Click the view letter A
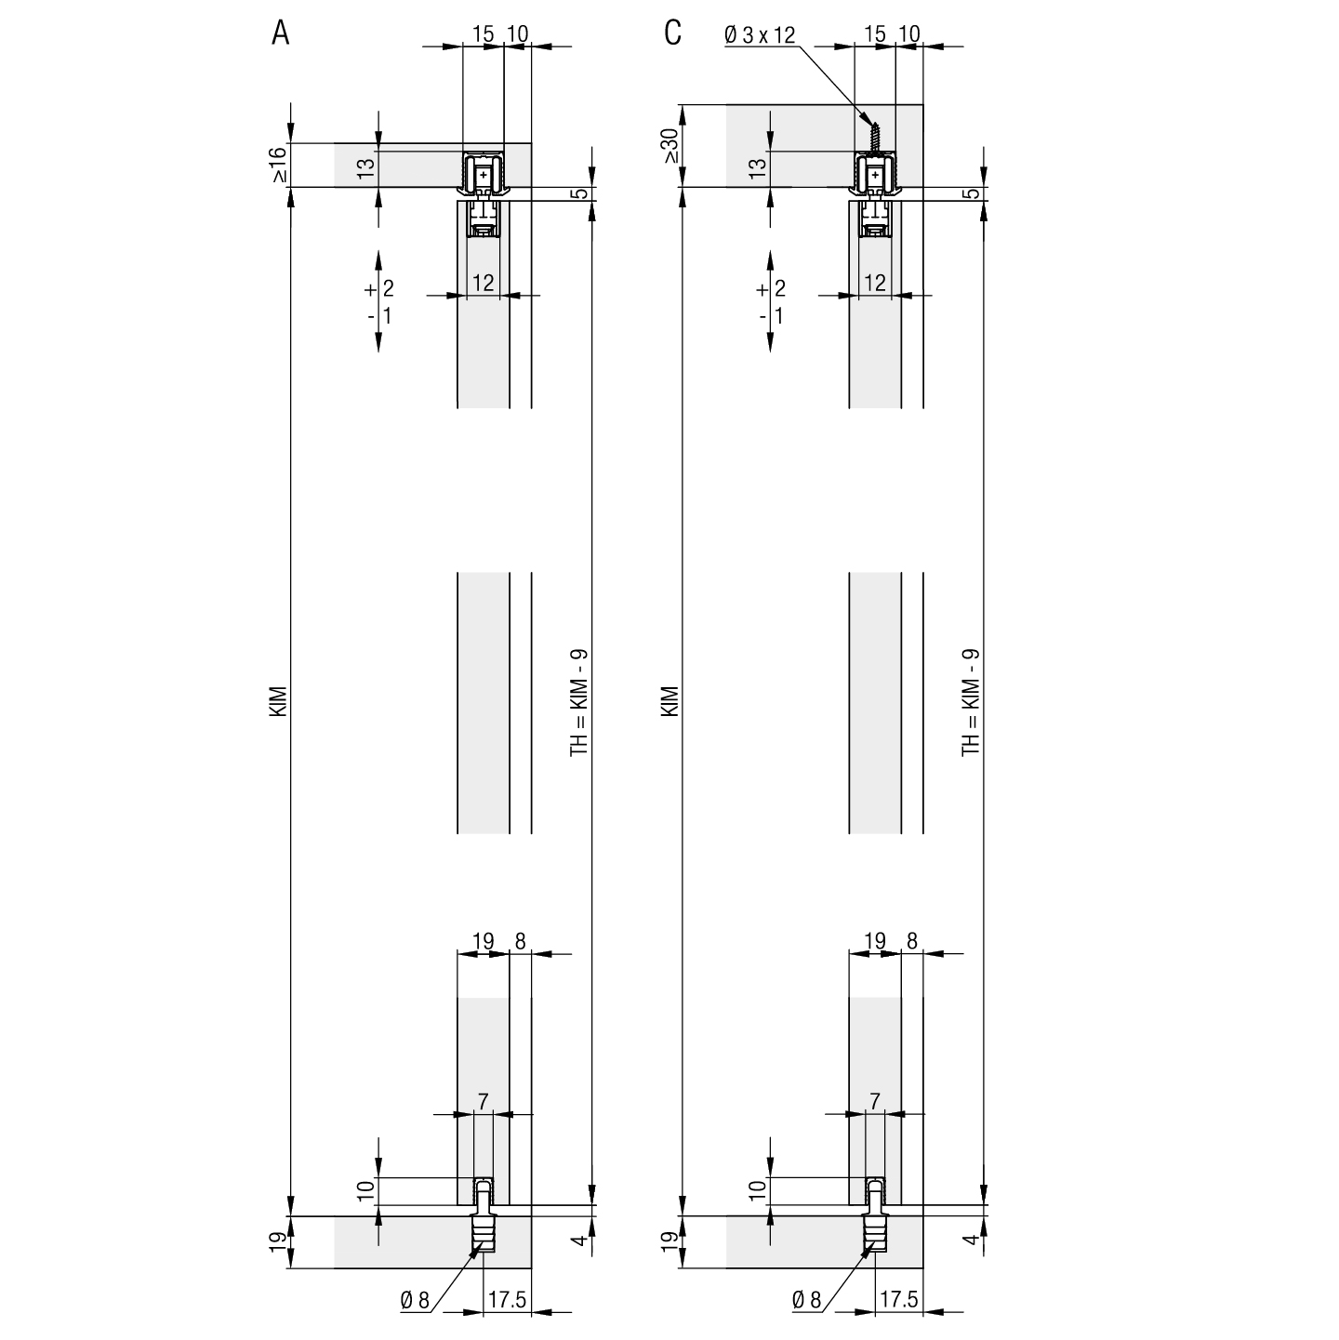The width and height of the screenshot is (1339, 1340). (x=280, y=33)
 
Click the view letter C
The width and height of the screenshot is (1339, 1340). (x=672, y=33)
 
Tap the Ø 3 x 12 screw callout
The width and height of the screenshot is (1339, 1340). (x=760, y=34)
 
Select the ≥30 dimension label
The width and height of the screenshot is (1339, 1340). (x=669, y=146)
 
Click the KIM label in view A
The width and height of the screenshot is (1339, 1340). (x=278, y=702)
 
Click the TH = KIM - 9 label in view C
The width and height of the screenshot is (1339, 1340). (x=971, y=702)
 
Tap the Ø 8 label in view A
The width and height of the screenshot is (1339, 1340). (x=416, y=1300)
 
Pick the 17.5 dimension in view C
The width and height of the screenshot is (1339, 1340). (x=898, y=1299)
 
